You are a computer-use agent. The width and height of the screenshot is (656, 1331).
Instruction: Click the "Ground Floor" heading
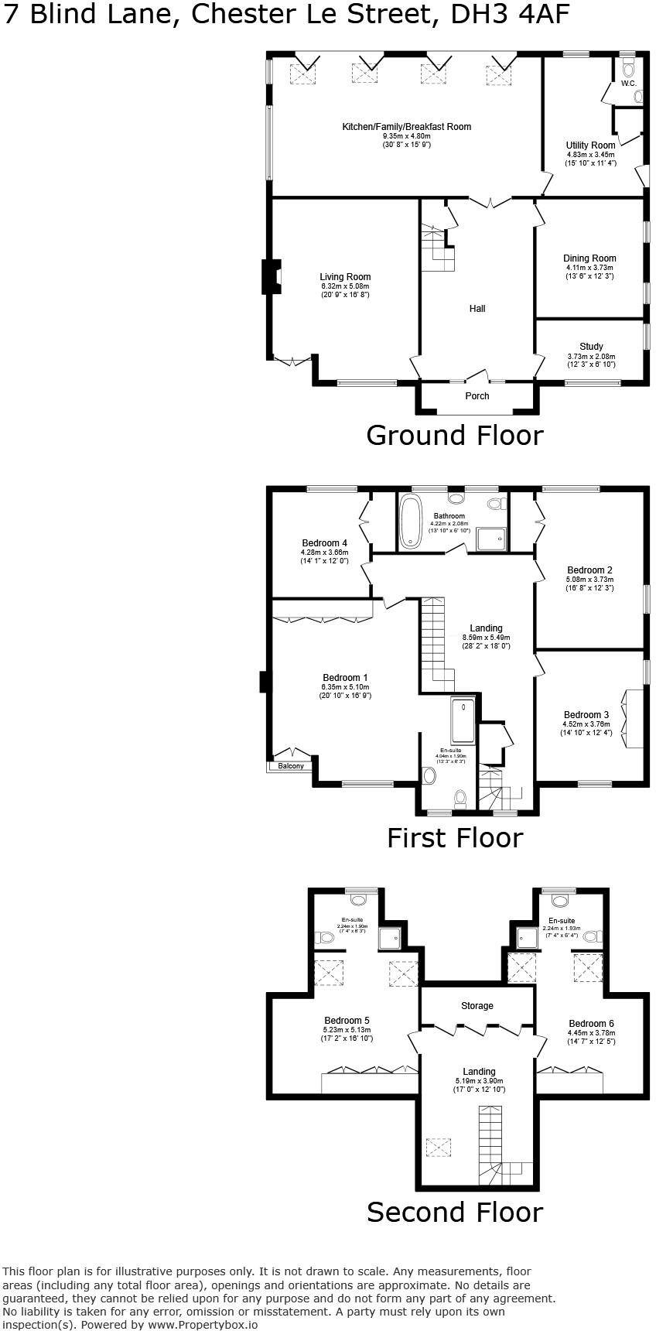tap(454, 436)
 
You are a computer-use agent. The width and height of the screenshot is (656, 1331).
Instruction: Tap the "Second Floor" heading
tap(454, 1212)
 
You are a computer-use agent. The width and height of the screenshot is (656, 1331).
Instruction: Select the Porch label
tap(477, 396)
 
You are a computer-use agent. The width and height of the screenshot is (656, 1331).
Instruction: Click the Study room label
tap(591, 347)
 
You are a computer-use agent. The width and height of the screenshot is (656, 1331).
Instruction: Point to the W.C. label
tap(627, 83)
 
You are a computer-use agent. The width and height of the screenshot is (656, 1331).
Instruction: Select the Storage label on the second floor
tap(477, 1006)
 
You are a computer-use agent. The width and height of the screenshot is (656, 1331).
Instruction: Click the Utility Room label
tap(590, 145)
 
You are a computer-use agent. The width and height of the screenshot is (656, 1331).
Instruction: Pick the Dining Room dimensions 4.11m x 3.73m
tap(589, 268)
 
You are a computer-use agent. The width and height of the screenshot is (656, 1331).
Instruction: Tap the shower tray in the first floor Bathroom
tap(491, 539)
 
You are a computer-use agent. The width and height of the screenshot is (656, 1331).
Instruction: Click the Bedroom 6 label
tap(591, 1023)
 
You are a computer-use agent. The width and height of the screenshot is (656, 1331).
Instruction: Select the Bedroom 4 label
tap(324, 543)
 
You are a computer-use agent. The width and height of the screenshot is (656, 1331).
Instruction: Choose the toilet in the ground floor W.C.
tap(627, 70)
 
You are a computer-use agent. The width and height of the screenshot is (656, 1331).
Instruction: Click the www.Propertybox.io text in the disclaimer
tap(202, 1324)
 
